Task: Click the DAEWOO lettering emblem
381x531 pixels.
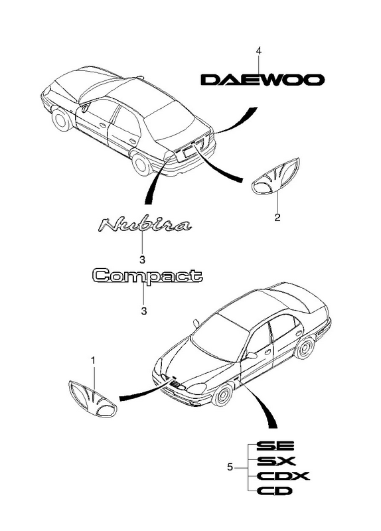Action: click(x=262, y=80)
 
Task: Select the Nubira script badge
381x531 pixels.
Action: click(x=145, y=225)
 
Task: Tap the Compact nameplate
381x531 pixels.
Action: click(x=147, y=275)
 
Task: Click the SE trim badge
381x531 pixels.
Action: click(x=275, y=445)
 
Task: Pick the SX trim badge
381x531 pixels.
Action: click(x=276, y=461)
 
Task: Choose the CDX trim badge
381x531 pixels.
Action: click(x=283, y=476)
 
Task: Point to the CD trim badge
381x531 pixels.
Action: click(x=274, y=491)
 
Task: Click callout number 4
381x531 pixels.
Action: click(x=259, y=51)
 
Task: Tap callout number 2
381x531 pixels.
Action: click(x=277, y=218)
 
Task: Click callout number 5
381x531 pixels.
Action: click(x=230, y=468)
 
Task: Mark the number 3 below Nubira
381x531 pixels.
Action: click(x=142, y=260)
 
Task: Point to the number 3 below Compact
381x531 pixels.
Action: click(x=144, y=311)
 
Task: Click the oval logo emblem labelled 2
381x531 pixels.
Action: click(x=276, y=176)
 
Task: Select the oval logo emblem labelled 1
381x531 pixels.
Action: click(x=92, y=398)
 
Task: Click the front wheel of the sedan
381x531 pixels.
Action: click(x=222, y=395)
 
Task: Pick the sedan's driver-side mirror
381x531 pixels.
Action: click(x=252, y=356)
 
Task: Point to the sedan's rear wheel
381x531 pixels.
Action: click(x=305, y=348)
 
